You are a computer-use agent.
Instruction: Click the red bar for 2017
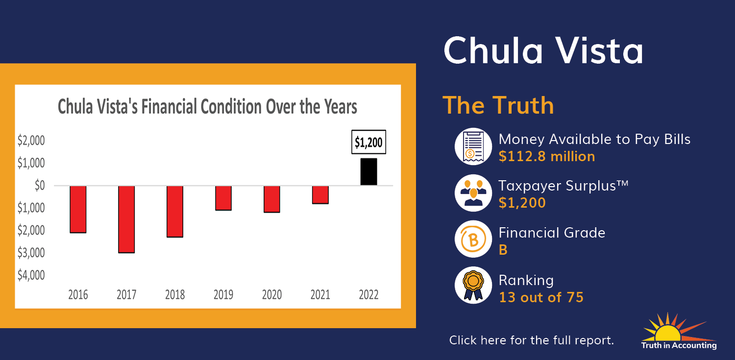coord(126,219)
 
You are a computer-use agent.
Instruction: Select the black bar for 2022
coord(368,172)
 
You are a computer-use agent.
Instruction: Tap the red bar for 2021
coord(320,195)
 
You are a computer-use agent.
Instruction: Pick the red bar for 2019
coord(223,198)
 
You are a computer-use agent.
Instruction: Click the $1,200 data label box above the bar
coord(368,142)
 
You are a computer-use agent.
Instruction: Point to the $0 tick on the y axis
coord(40,186)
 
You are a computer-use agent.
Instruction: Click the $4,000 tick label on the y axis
coord(31,275)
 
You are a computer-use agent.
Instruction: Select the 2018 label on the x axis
coord(175,294)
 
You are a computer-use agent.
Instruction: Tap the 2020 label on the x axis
coord(271,294)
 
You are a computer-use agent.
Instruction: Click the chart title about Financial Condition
coord(207,107)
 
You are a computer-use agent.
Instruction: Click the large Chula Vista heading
coord(543,51)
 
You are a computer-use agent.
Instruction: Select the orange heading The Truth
coord(498,105)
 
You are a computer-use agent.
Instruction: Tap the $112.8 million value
coord(547,156)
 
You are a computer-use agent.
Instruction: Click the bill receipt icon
coord(473,146)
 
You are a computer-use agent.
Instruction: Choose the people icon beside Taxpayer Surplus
coord(473,193)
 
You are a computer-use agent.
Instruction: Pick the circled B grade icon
coord(473,239)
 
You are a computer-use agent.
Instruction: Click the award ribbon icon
coord(473,285)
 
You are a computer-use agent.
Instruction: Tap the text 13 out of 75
coord(541,297)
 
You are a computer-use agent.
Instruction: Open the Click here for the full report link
coord(531,340)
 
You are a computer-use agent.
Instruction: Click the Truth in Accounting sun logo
coord(679,331)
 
